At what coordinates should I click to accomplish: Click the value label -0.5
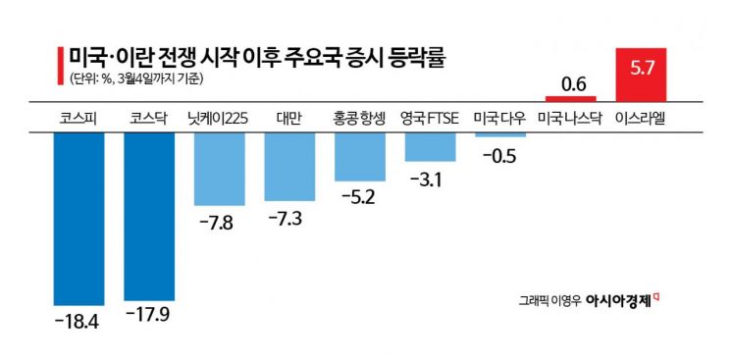500,155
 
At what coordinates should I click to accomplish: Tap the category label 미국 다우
500,119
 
